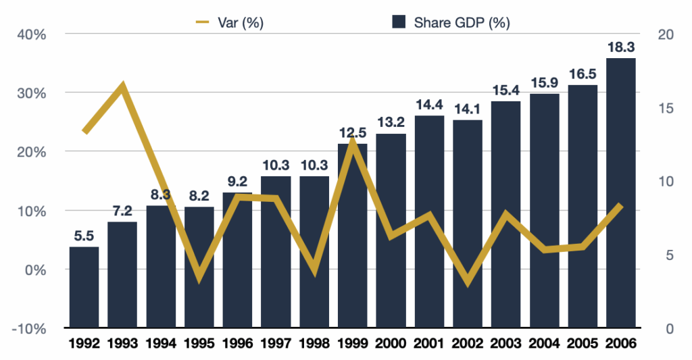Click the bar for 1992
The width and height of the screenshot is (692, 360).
click(84, 287)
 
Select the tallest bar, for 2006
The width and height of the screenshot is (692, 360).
click(620, 193)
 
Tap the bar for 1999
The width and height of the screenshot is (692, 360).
click(352, 236)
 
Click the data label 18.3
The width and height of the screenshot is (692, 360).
click(620, 48)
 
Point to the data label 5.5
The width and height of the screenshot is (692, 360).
click(84, 236)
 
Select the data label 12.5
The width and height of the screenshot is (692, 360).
click(352, 133)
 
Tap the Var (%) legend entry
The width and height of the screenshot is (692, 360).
click(229, 22)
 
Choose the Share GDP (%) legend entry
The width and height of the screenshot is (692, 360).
click(451, 22)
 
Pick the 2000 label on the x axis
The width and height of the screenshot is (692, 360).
click(391, 343)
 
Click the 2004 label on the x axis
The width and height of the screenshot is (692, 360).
click(544, 343)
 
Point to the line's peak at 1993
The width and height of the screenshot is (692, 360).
click(122, 86)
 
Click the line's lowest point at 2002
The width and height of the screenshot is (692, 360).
click(467, 282)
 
